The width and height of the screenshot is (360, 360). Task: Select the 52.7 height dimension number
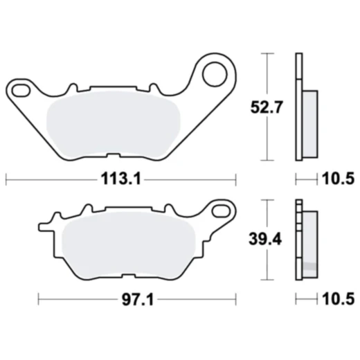coord(267,107)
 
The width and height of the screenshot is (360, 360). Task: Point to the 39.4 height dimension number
coord(267,239)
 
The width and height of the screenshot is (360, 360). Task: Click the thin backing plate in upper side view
coord(298,107)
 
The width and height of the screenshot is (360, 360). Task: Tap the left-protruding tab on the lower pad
coord(44,226)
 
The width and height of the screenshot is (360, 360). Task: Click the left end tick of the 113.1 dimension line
coord(6,179)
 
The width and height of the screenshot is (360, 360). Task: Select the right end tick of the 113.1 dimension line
coord(235,179)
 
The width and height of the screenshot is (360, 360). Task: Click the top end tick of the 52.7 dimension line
coord(267,54)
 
